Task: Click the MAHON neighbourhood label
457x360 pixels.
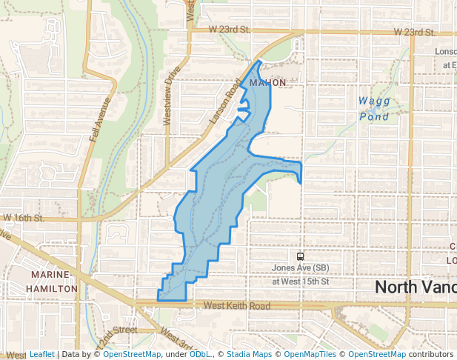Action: click(267, 82)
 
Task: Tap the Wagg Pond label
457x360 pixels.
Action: click(373, 108)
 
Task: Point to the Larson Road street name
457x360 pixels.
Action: click(226, 103)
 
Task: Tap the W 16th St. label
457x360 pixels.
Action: click(24, 219)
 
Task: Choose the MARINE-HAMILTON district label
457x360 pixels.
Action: click(51, 281)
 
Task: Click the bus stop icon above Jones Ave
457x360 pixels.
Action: click(300, 256)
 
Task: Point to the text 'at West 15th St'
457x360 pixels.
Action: click(300, 281)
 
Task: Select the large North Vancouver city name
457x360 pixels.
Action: click(415, 287)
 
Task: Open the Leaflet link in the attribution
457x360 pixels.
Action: click(41, 354)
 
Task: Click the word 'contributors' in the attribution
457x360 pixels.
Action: click(431, 354)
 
